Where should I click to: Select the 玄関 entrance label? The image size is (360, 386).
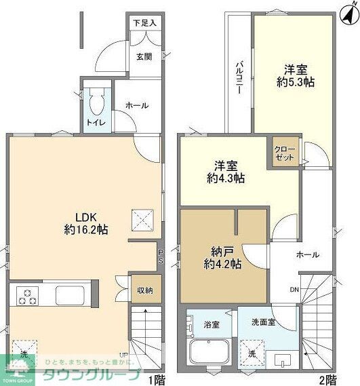[x=144, y=56]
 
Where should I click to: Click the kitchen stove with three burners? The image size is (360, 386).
[x=28, y=296]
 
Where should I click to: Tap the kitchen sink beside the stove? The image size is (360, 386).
[x=70, y=296]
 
